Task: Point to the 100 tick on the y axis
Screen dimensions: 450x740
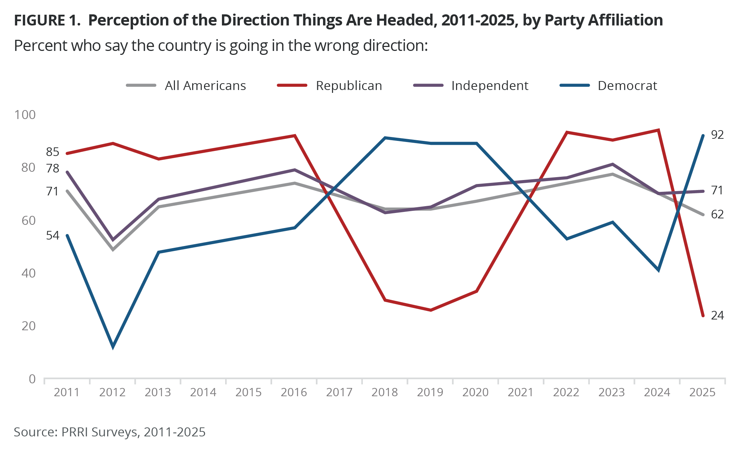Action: [x=25, y=115]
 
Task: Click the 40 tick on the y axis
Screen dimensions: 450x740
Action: [x=29, y=273]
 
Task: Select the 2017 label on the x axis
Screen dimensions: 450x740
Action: [x=339, y=392]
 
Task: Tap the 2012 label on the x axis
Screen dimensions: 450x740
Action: [x=112, y=392]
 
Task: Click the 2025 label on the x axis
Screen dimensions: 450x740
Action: [x=702, y=392]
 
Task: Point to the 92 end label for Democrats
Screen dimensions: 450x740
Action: [x=717, y=135]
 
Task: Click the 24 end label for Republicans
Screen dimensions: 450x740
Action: [x=717, y=316]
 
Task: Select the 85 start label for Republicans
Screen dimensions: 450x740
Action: [x=52, y=152]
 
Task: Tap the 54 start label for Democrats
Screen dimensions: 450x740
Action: [x=52, y=236]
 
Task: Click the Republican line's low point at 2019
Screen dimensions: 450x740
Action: [x=431, y=310]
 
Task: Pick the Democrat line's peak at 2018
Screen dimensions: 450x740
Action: [x=385, y=138]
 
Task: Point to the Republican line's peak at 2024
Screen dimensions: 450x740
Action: [x=658, y=130]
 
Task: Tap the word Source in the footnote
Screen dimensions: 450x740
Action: [x=34, y=432]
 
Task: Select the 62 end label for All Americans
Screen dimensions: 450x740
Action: [x=717, y=214]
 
